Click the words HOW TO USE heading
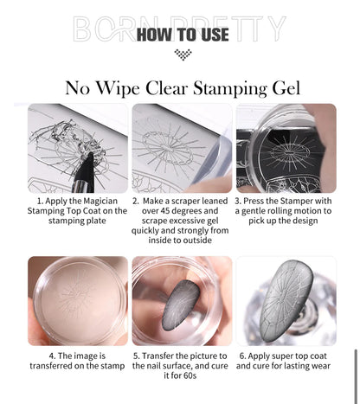[183, 35]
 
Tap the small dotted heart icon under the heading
[183, 55]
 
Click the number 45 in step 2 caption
[164, 211]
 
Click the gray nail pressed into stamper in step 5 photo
[181, 305]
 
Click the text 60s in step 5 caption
[190, 375]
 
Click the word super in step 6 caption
[279, 356]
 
